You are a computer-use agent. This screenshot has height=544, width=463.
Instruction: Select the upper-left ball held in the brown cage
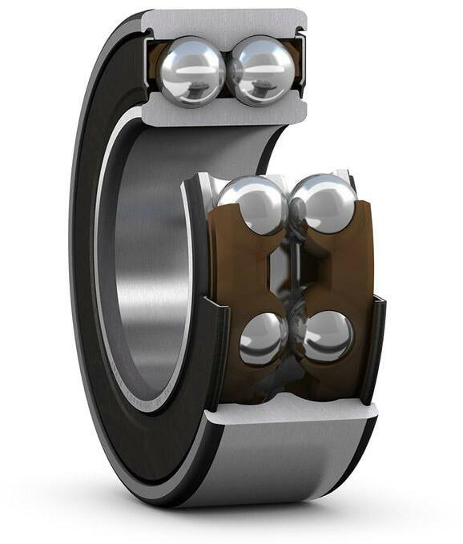253,203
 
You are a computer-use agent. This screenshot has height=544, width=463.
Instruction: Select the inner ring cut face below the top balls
225,111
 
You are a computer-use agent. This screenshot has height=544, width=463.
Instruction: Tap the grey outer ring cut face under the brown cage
292,413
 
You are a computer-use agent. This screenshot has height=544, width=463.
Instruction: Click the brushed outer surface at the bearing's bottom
280,465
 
